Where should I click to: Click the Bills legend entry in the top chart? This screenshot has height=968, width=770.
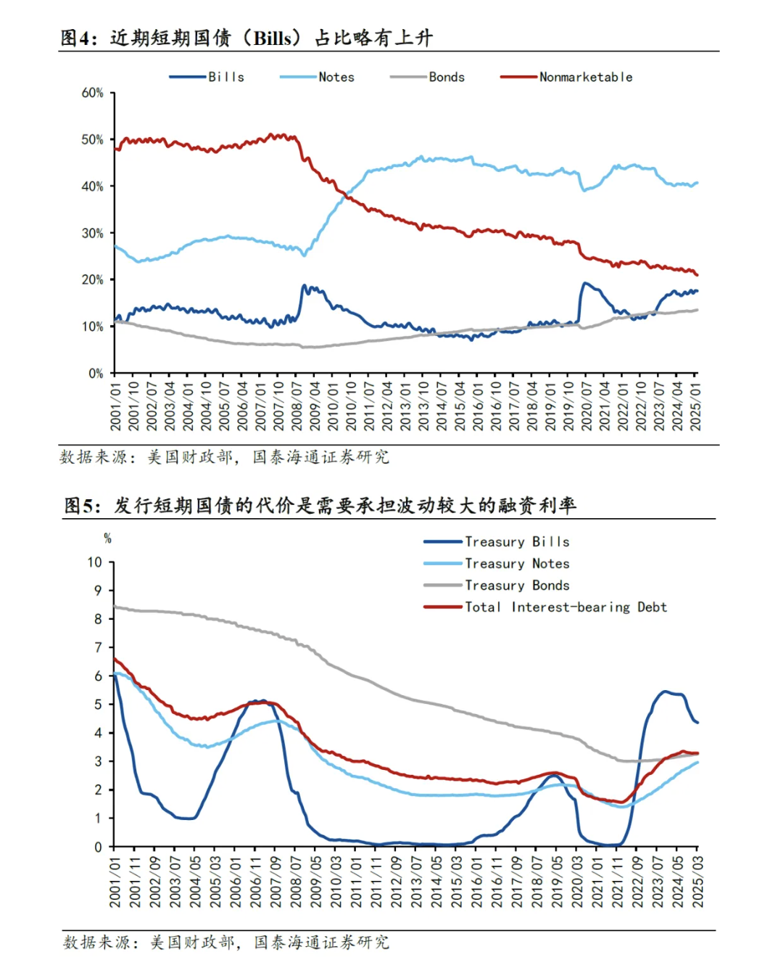207,77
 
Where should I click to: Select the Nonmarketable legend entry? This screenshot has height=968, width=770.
566,77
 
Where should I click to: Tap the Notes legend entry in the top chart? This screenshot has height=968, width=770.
317,77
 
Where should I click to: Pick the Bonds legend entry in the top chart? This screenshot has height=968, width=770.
427,77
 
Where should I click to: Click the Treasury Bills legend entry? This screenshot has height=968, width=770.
496,541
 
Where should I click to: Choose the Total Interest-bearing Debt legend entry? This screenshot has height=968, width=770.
545,607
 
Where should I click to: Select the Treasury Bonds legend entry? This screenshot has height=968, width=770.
496,585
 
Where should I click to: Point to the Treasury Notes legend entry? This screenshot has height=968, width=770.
496,564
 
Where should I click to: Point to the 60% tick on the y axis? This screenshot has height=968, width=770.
92,93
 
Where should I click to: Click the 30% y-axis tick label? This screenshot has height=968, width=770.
92,234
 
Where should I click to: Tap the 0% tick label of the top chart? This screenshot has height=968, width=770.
96,374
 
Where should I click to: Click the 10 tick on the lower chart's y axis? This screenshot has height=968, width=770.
95,562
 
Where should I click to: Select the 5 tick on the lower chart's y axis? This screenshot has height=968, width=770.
98,705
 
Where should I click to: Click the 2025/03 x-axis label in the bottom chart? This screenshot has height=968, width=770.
697,882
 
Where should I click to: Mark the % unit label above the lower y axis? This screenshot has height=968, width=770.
107,538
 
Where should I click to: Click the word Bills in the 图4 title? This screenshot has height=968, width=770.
273,38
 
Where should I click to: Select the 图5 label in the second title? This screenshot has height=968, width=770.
79,506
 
